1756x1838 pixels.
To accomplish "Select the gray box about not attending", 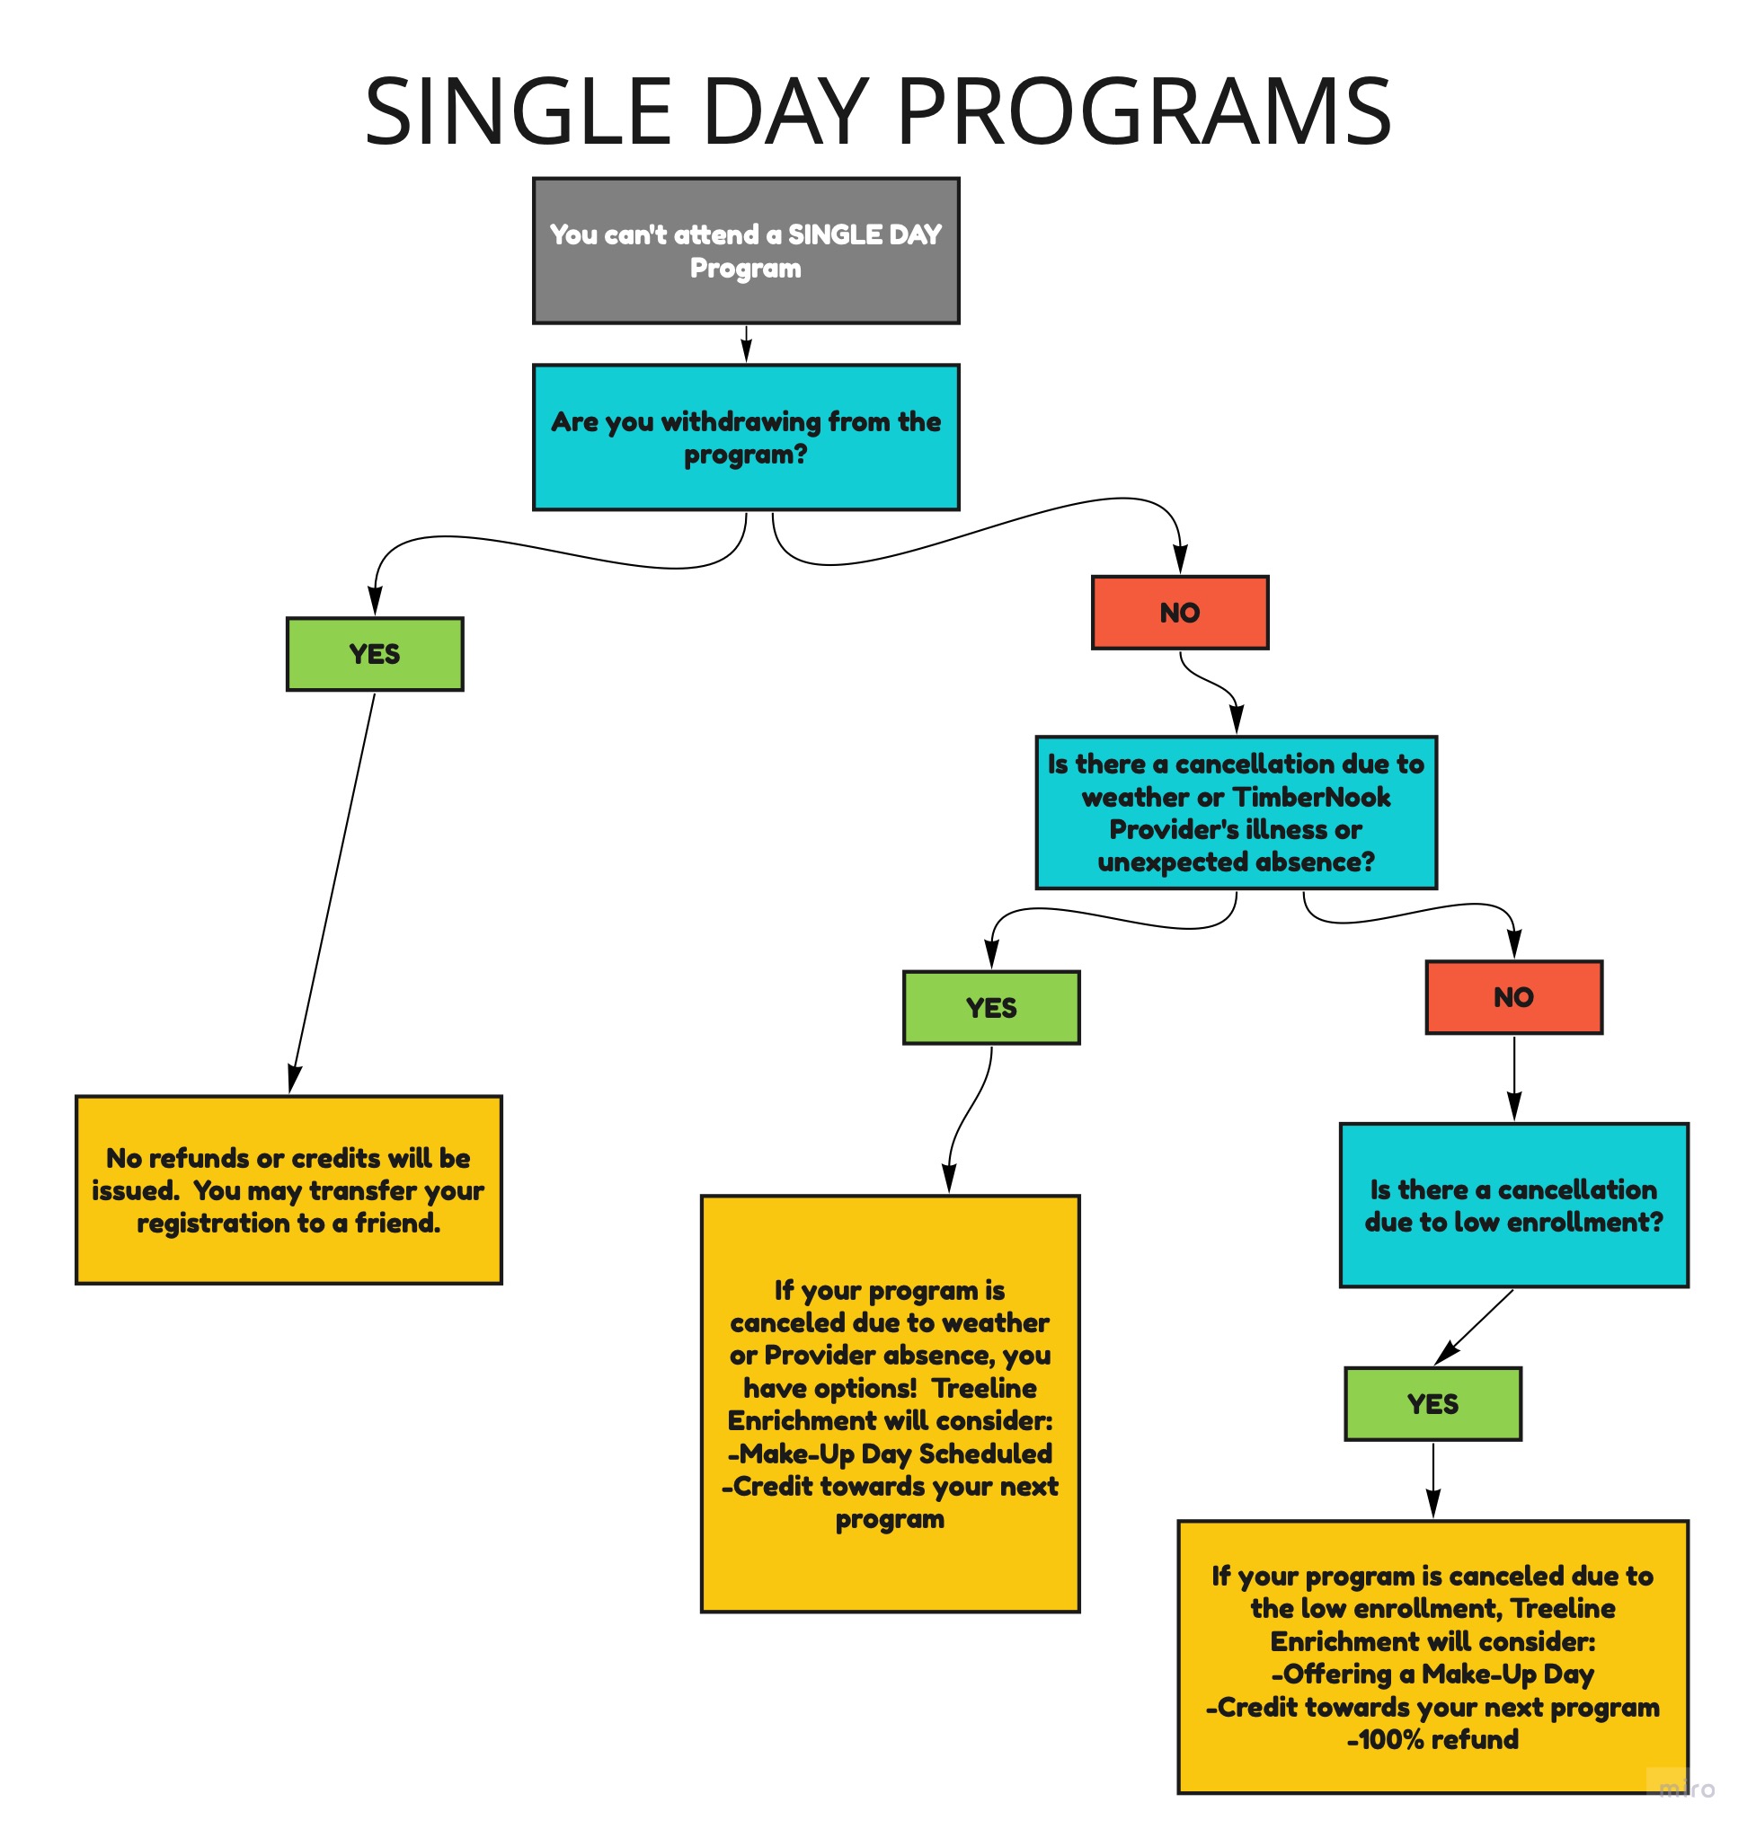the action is point(746,251).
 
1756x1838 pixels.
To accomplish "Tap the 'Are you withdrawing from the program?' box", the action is point(746,437).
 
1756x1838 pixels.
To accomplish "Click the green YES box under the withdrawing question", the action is point(375,654).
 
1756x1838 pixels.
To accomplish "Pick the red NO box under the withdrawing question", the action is point(1180,612).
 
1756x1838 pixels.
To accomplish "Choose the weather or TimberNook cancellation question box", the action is point(1236,812).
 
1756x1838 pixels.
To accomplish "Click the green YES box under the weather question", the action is point(991,1007).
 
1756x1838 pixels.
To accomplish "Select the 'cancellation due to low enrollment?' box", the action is point(1513,1206).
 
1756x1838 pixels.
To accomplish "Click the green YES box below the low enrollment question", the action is point(1433,1404).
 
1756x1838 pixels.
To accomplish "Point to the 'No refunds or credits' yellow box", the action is point(288,1189).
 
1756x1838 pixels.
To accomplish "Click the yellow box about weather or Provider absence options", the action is point(891,1403).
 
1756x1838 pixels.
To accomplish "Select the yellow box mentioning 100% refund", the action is point(1433,1657).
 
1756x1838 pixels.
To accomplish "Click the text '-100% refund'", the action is point(1433,1740).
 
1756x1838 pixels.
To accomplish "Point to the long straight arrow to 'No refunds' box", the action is point(333,893).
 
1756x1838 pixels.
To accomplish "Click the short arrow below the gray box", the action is point(746,344).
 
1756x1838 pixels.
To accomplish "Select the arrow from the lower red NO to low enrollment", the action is point(1514,1078).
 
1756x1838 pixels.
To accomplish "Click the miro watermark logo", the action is point(1687,1789).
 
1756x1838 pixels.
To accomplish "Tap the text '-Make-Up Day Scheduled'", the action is point(891,1454).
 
